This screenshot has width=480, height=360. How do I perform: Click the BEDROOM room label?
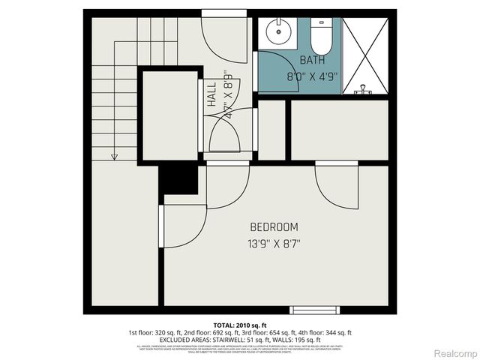click(274, 226)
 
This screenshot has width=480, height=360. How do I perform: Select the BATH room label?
click(313, 60)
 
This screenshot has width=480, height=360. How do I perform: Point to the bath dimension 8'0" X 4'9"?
click(313, 76)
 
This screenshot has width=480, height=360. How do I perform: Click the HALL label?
click(212, 94)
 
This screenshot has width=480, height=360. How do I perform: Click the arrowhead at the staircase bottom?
click(114, 156)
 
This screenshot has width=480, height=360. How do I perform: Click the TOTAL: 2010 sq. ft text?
click(239, 324)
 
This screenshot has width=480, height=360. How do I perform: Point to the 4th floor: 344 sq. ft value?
click(327, 331)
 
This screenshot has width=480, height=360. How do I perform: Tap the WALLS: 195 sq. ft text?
click(308, 339)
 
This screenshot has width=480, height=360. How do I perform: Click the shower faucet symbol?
click(364, 89)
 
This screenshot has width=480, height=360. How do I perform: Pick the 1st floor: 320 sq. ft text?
click(156, 331)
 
